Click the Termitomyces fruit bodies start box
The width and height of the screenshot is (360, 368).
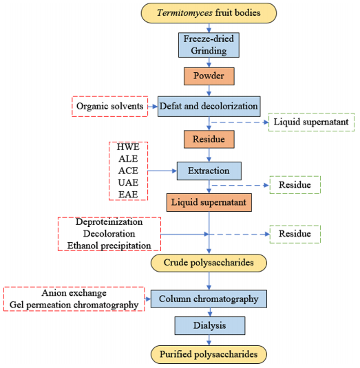[x=209, y=13]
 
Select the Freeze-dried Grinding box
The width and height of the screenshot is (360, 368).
[x=209, y=45]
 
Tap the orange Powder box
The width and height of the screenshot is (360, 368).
[x=209, y=76]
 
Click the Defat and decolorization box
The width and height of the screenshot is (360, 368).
[x=209, y=107]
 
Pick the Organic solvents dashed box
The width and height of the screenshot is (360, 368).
[x=110, y=107]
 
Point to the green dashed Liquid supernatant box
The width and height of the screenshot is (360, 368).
[x=311, y=122]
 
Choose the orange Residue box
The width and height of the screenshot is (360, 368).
[x=209, y=139]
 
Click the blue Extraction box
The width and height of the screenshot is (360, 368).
[x=209, y=171]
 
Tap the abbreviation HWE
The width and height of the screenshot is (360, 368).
[x=128, y=147]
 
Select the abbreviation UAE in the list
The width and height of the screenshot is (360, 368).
[x=128, y=182]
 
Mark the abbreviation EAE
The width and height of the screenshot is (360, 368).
[x=128, y=195]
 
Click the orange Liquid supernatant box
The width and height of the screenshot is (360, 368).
[x=209, y=202]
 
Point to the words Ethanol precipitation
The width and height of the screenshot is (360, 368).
[x=109, y=246]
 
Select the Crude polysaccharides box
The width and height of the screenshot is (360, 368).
[x=209, y=263]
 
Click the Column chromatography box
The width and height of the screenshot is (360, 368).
[x=209, y=299]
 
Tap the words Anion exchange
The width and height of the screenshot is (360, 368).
[x=74, y=293]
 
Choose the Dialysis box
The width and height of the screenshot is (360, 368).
[x=210, y=325]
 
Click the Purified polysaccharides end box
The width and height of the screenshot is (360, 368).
[x=209, y=354]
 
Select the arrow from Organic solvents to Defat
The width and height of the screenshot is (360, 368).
[x=153, y=107]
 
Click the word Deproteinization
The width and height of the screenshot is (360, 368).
[x=109, y=222]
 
